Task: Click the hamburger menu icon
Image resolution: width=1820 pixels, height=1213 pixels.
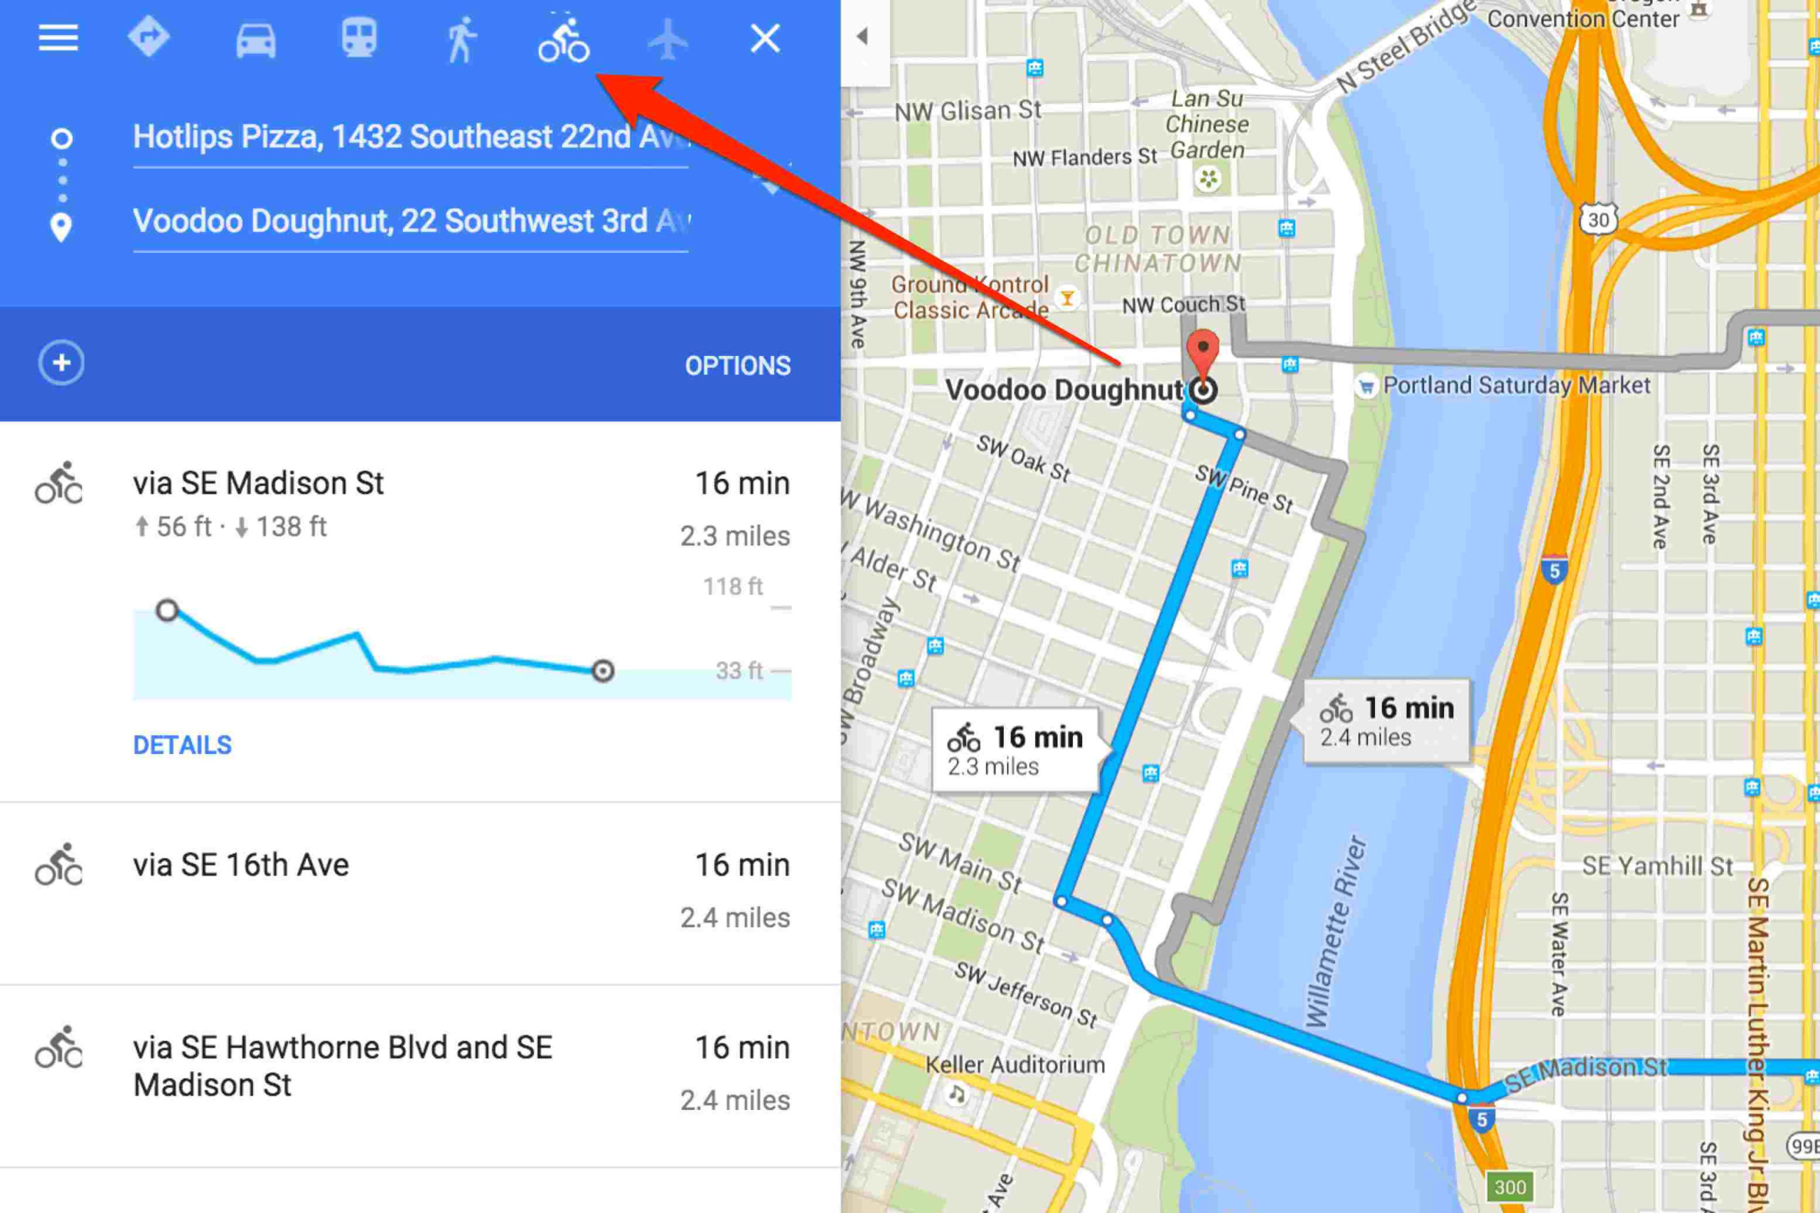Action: (x=59, y=37)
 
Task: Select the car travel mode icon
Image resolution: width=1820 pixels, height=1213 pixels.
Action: (x=255, y=38)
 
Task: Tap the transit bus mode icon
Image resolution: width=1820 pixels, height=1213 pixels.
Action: (x=359, y=37)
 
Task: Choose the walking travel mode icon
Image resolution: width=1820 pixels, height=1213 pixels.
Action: (x=461, y=38)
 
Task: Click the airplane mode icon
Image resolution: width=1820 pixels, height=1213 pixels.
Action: (x=667, y=38)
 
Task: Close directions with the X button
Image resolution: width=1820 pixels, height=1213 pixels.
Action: (x=765, y=38)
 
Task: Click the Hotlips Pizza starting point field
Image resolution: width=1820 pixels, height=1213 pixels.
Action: (x=410, y=138)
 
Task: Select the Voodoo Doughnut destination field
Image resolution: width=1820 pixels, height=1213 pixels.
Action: (x=410, y=222)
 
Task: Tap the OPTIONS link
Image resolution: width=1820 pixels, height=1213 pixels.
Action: (x=737, y=365)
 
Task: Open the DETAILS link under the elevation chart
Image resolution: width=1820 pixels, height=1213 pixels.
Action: (x=182, y=745)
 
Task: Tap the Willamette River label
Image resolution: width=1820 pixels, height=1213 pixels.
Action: (x=1337, y=932)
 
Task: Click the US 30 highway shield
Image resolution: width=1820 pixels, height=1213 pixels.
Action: (x=1598, y=220)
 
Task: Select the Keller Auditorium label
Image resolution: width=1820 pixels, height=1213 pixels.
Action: (x=1015, y=1065)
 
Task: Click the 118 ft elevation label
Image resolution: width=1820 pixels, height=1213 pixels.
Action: (x=732, y=587)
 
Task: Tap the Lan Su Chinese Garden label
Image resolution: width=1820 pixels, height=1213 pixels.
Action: (x=1207, y=124)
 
